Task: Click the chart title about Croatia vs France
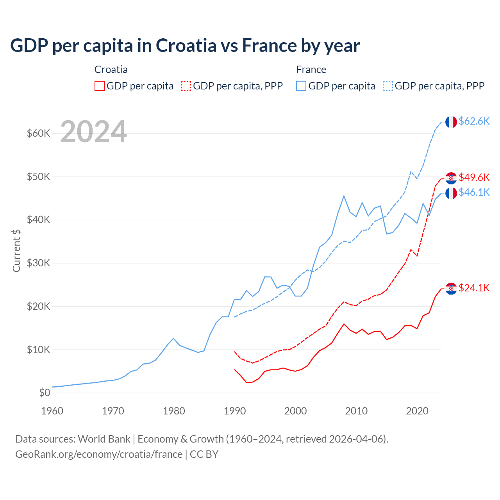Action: pyautogui.click(x=185, y=46)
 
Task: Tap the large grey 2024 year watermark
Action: pyautogui.click(x=93, y=132)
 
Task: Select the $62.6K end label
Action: pyautogui.click(x=474, y=121)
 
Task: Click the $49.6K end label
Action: pyautogui.click(x=474, y=177)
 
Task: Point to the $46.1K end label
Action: pyautogui.click(x=474, y=192)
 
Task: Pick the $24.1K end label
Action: pyautogui.click(x=474, y=288)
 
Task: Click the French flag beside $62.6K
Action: pyautogui.click(x=451, y=122)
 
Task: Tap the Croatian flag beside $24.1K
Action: pyautogui.click(x=451, y=289)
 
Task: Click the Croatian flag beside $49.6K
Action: pyautogui.click(x=451, y=178)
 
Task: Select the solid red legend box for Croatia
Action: pyautogui.click(x=100, y=86)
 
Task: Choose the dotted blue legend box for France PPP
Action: pyautogui.click(x=388, y=86)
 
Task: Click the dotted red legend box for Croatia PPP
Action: pyautogui.click(x=186, y=86)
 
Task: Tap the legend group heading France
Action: pyautogui.click(x=311, y=70)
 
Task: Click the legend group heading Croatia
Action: pyautogui.click(x=111, y=70)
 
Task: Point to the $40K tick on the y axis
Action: pyautogui.click(x=38, y=220)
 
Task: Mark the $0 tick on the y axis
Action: pyautogui.click(x=45, y=393)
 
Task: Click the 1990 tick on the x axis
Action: pyautogui.click(x=235, y=411)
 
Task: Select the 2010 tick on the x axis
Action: pyautogui.click(x=356, y=411)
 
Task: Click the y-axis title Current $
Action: pyautogui.click(x=16, y=251)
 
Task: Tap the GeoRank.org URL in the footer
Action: pyautogui.click(x=99, y=454)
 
